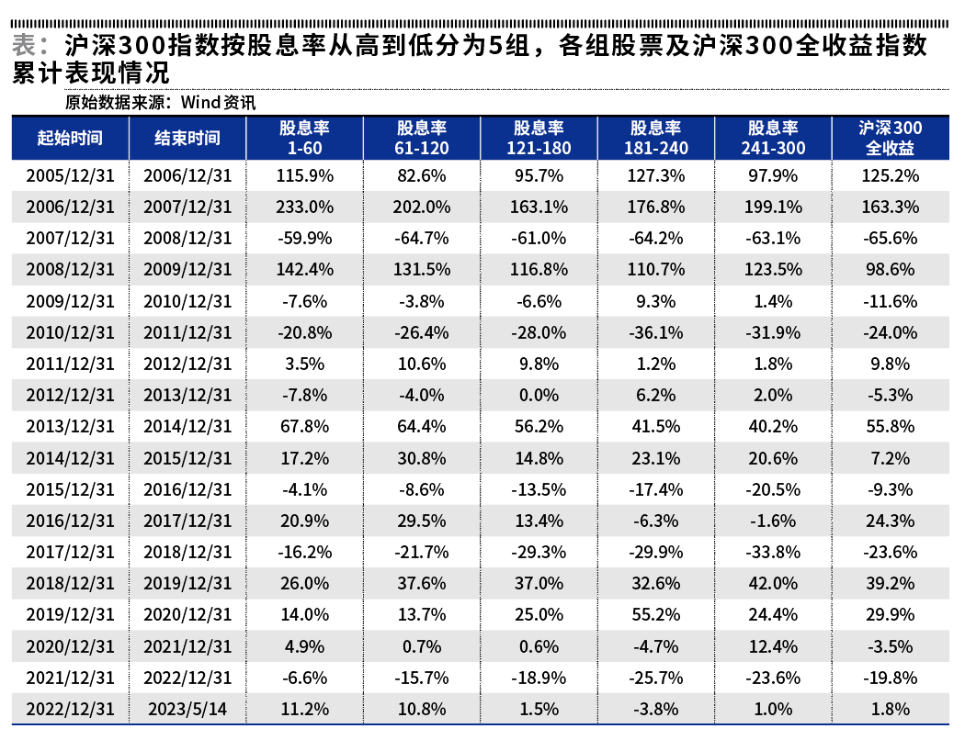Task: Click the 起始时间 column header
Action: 70,139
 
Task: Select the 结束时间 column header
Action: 187,139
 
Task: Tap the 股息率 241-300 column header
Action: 773,139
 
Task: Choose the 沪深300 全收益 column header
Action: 890,139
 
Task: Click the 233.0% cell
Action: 305,207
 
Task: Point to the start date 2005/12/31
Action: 70,175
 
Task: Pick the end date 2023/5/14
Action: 187,709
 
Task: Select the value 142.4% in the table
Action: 305,270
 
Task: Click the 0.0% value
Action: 539,396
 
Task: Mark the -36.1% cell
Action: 656,332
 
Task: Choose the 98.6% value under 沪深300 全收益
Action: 890,270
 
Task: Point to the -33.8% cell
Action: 773,552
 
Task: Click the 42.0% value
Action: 773,584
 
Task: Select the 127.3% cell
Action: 656,175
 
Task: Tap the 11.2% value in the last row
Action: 305,709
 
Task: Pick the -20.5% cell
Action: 773,489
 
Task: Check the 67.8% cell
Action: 305,427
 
